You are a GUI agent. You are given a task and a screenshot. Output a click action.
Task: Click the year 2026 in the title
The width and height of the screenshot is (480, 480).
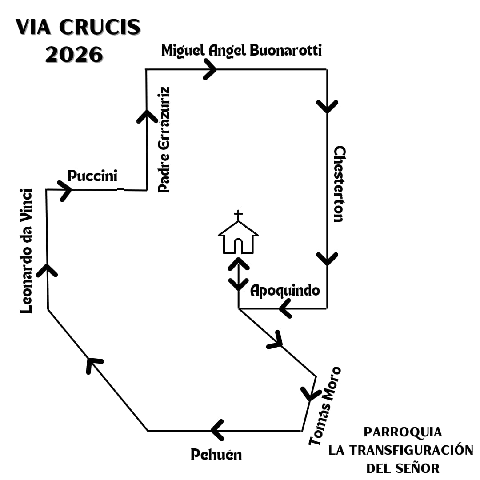point(74,55)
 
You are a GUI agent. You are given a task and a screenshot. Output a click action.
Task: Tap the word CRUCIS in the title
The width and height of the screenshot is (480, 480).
point(100,28)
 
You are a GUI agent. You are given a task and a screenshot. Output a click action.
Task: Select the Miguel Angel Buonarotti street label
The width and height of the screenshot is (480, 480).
point(241,50)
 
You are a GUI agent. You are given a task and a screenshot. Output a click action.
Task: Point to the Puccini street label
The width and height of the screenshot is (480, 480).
point(92,176)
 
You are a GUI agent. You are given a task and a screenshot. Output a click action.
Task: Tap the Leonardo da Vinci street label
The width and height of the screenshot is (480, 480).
point(27,251)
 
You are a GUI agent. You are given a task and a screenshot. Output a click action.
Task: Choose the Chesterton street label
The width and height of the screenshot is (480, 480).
point(339,184)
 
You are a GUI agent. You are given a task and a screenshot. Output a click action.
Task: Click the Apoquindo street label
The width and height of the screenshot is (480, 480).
point(285,291)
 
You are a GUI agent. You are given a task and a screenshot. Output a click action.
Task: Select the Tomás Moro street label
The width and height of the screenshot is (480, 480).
point(325,405)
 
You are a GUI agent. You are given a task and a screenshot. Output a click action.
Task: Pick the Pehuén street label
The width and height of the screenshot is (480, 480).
point(216,455)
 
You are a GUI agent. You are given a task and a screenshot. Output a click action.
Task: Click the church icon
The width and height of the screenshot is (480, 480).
point(238,238)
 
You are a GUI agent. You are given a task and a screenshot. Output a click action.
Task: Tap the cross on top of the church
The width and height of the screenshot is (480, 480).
point(239,216)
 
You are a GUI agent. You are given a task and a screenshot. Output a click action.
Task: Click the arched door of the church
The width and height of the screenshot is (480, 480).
point(238,246)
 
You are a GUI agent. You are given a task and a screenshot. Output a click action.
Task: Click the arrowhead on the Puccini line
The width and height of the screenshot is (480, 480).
point(65,190)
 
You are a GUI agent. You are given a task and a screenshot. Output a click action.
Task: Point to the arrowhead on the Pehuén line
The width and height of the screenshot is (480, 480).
point(217,430)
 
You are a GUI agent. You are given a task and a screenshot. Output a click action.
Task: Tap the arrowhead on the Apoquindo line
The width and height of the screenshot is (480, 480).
point(285,308)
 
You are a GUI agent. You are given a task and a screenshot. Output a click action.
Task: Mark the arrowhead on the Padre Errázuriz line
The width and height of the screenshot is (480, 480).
point(146,116)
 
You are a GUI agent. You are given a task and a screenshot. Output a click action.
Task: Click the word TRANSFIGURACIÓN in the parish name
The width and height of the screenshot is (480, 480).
point(401,450)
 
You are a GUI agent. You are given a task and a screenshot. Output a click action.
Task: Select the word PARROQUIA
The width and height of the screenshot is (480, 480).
point(403,432)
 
